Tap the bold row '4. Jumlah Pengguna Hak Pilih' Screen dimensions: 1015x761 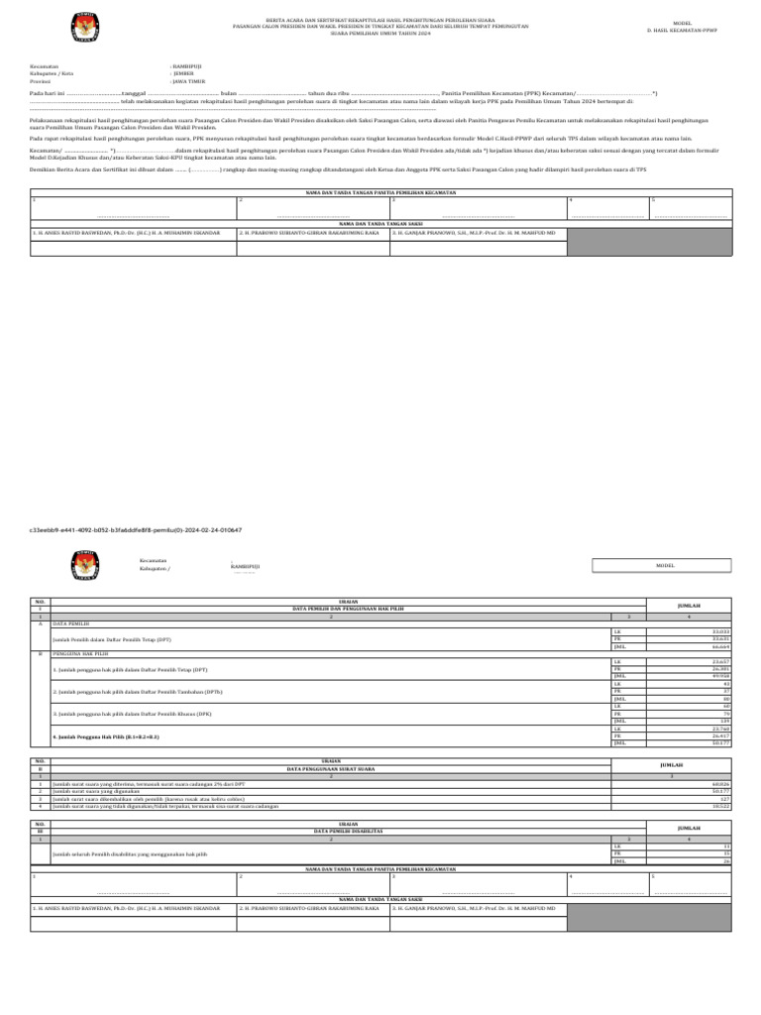tap(106, 737)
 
